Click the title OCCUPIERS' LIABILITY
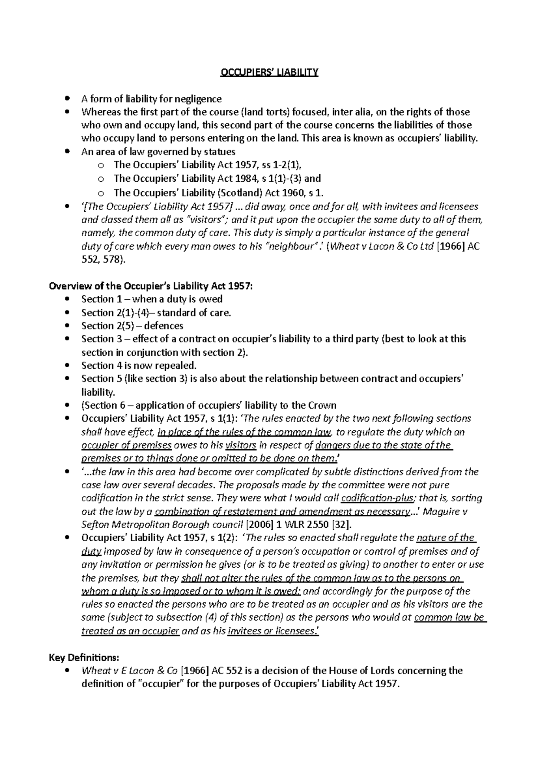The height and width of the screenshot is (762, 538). point(269,72)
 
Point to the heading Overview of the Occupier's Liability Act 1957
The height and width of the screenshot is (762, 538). point(151,286)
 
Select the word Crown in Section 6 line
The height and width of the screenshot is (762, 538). point(321,405)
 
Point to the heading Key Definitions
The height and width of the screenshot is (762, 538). point(84,657)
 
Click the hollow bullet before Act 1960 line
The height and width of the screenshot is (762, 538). point(101,193)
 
